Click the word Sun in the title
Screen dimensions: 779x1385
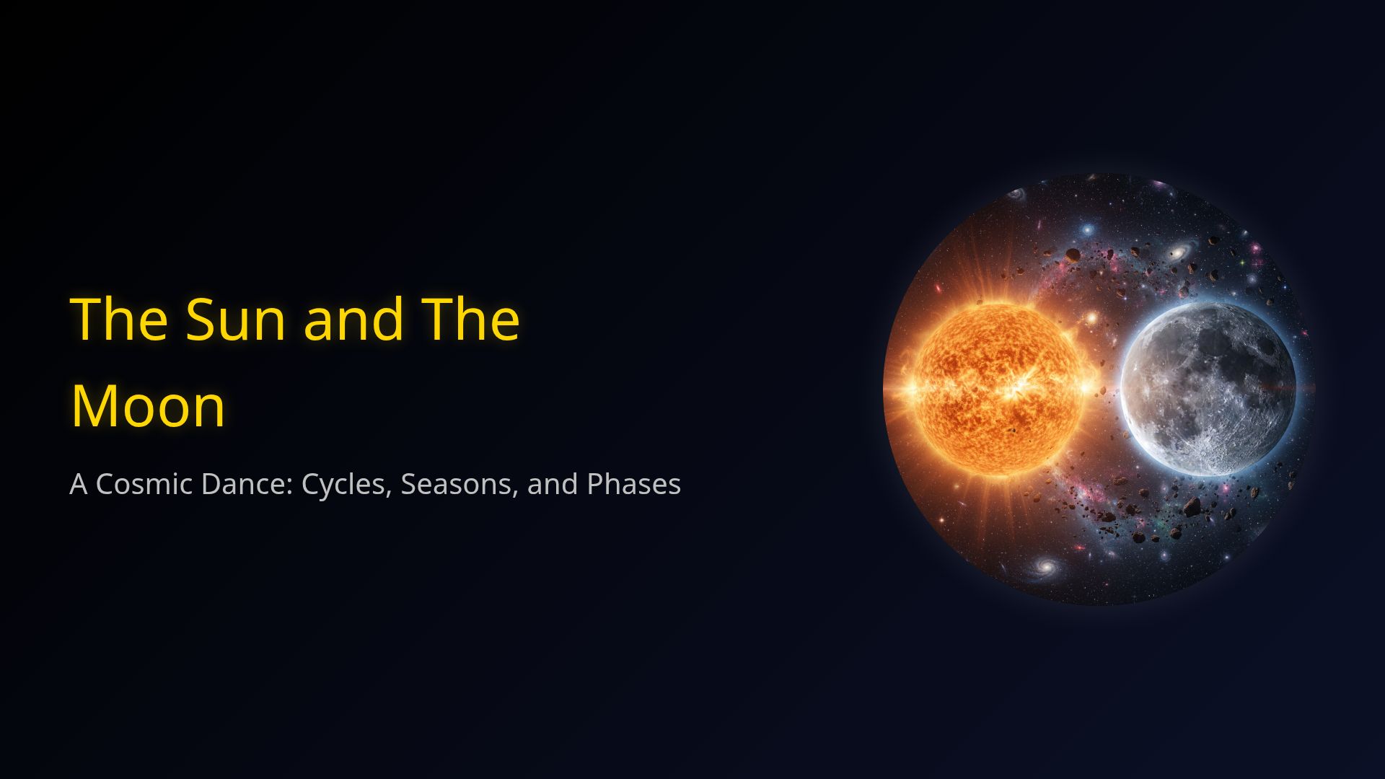coord(235,319)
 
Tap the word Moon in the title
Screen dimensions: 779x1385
coord(148,406)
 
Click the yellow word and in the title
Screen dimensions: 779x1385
coord(353,319)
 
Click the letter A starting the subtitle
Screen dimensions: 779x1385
coord(78,484)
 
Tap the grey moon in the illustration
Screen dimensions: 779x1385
coord(1208,389)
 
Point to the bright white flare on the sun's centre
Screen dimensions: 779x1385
coord(1017,390)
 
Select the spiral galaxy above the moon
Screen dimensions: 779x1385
coord(1180,253)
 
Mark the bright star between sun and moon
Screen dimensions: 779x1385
coord(1091,318)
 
